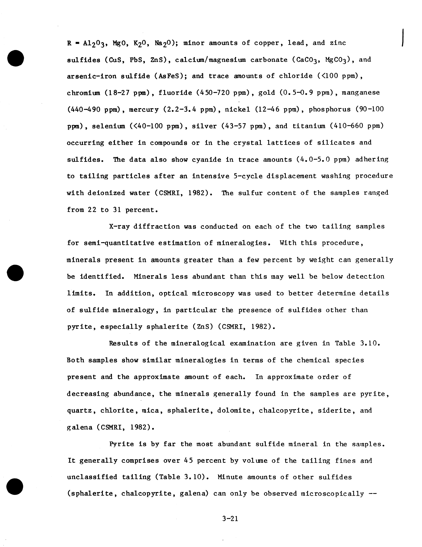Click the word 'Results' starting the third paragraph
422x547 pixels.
tap(123, 343)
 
